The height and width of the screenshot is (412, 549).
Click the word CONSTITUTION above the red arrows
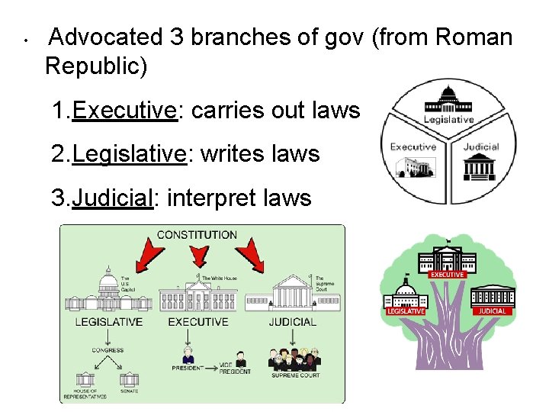click(197, 235)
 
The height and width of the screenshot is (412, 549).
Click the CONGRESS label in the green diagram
click(108, 350)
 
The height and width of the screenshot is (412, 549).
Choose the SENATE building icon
click(130, 378)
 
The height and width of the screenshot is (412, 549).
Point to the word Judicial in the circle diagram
click(481, 146)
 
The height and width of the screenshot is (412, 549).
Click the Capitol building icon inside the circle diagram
click(449, 100)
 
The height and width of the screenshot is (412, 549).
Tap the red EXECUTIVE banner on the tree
click(447, 275)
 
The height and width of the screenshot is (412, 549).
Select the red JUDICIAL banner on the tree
click(492, 311)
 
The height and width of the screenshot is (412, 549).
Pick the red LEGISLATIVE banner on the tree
click(406, 311)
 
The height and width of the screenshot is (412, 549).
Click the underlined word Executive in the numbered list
click(124, 111)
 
